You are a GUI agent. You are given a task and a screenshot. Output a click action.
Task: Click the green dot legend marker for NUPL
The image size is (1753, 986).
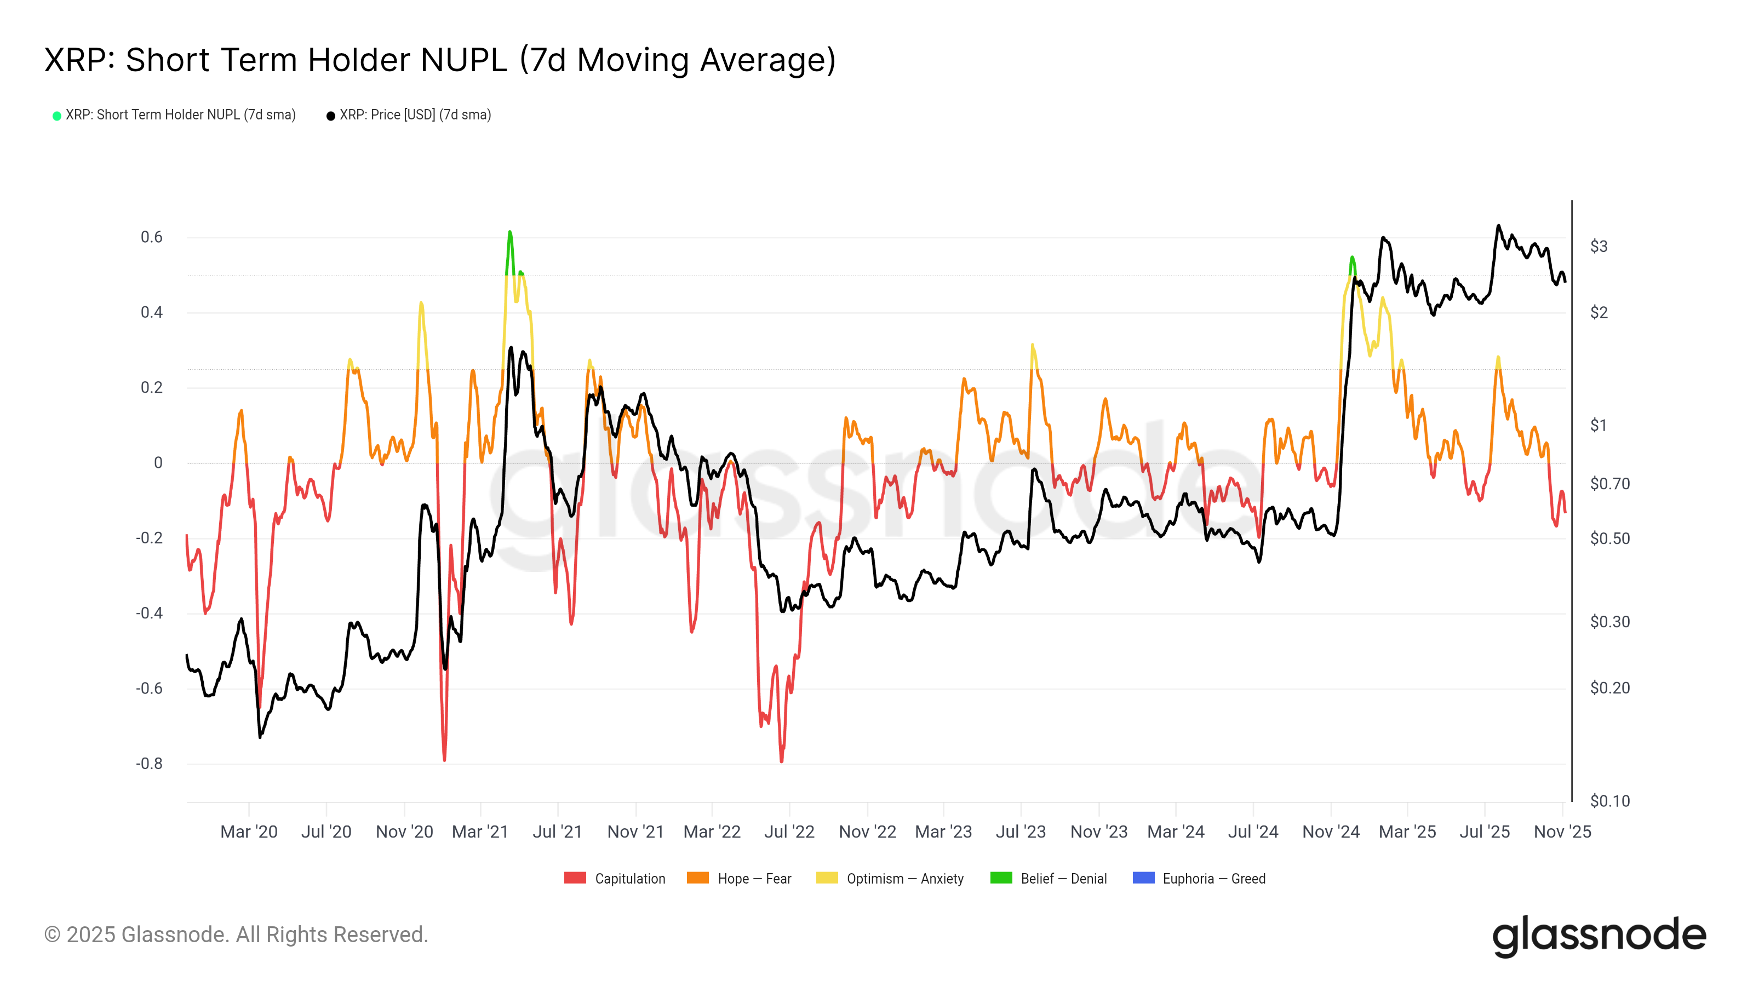click(x=57, y=116)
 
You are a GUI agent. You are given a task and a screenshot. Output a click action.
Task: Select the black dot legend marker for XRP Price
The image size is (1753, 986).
click(x=331, y=116)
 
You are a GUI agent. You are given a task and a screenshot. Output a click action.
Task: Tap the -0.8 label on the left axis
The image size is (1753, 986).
click(x=149, y=764)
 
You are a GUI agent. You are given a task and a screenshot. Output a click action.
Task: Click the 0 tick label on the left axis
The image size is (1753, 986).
click(x=158, y=463)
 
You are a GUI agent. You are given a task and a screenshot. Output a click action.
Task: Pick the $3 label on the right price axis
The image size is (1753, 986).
click(x=1599, y=246)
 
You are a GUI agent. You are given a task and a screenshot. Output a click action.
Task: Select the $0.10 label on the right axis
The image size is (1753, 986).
click(x=1609, y=801)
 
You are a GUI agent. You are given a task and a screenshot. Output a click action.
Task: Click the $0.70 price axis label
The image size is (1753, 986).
click(x=1609, y=484)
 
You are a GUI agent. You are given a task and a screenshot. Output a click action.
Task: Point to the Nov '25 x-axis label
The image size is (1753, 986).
click(x=1562, y=832)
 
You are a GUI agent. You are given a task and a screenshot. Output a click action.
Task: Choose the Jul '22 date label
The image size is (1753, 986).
click(x=789, y=832)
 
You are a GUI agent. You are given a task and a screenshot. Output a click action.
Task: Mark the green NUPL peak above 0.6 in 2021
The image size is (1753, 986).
click(x=509, y=233)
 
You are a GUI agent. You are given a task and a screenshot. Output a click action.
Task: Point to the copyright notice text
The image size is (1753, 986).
click(x=236, y=935)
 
